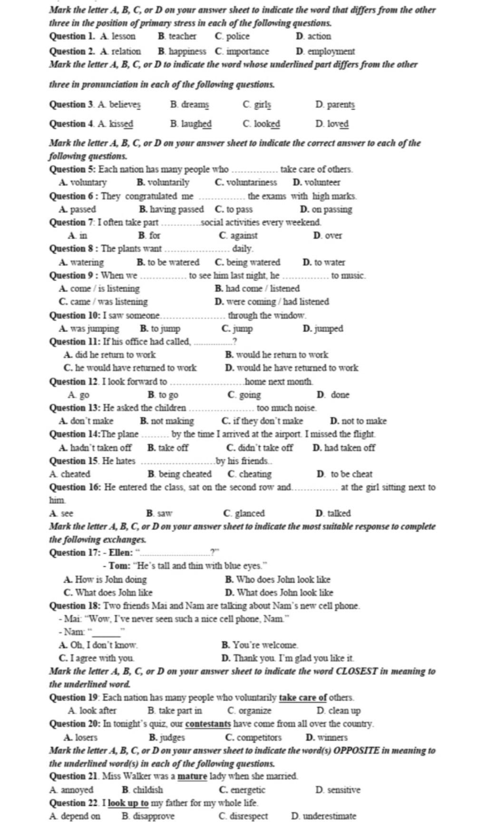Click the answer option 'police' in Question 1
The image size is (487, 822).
(237, 36)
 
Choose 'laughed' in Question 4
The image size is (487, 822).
(196, 124)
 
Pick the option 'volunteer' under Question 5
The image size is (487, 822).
(322, 182)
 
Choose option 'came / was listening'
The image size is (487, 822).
(108, 302)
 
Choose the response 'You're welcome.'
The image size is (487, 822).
(265, 645)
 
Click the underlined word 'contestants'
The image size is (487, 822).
(208, 724)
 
